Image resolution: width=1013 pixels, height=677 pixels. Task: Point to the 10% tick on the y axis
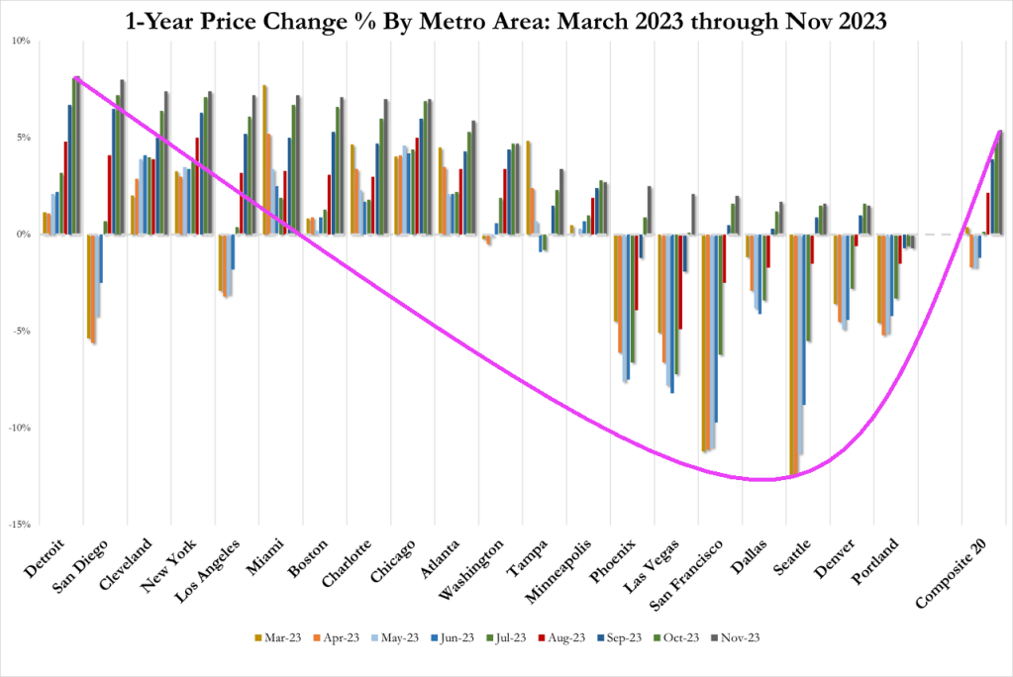(22, 41)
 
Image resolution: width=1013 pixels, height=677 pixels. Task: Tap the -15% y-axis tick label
(21, 525)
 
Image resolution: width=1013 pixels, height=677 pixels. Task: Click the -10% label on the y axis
(21, 428)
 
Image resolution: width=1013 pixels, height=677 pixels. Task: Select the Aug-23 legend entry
(547, 637)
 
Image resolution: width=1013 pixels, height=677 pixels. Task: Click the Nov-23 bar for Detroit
(80, 156)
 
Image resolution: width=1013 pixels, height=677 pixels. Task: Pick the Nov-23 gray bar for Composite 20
(1001, 182)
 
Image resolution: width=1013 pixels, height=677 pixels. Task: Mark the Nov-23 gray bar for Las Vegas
(693, 214)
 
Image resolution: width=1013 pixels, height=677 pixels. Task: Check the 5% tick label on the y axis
(24, 138)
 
